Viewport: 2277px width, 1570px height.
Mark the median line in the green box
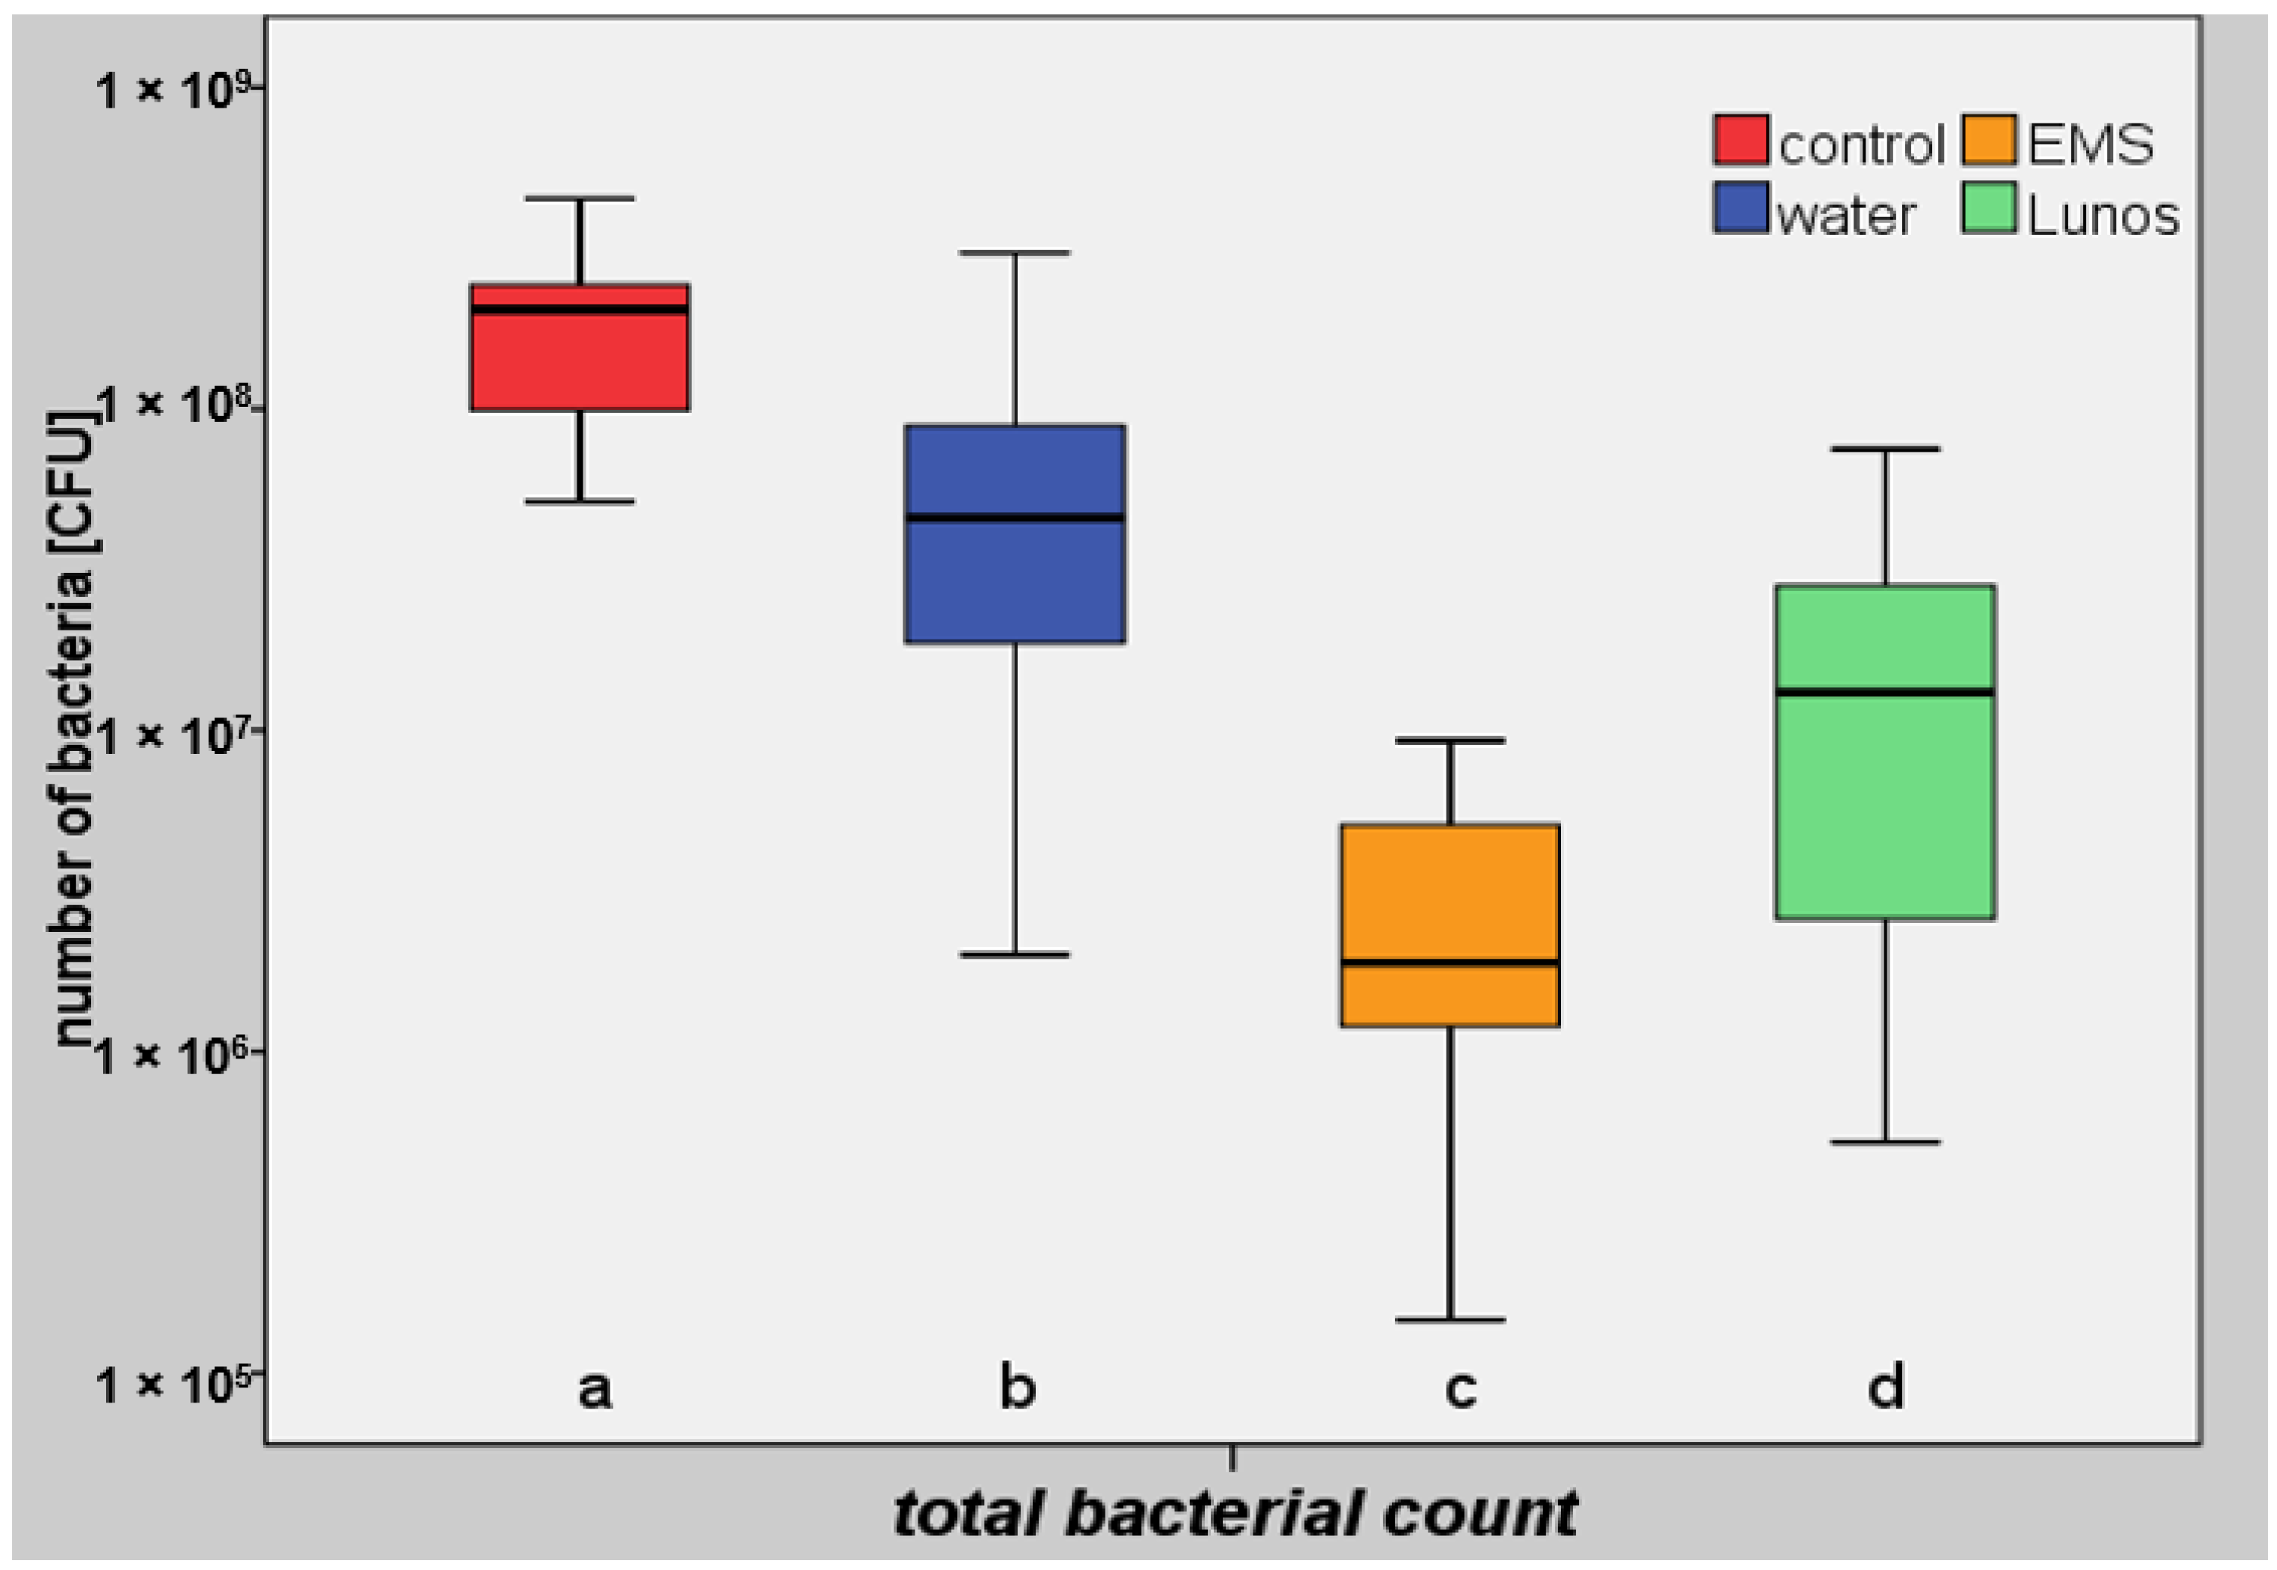1884,693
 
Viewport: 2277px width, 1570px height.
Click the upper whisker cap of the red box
580,199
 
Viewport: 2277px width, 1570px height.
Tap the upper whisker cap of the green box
1884,449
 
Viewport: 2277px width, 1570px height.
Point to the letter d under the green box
1884,1387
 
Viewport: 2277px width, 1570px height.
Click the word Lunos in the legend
2102,215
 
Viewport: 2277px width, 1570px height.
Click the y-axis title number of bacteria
73,728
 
